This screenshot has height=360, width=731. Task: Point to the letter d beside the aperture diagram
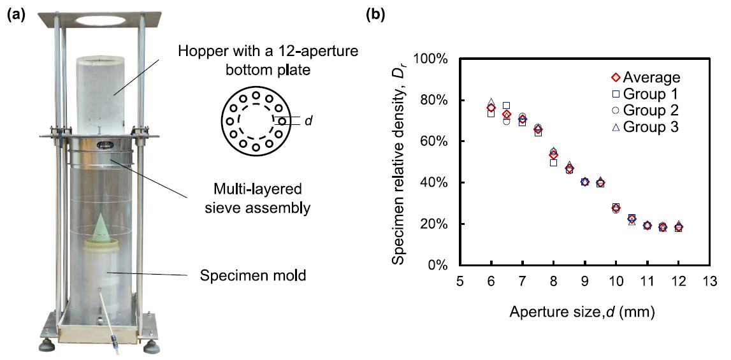(x=308, y=120)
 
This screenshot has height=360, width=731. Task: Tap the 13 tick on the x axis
(x=709, y=281)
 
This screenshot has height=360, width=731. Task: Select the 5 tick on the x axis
(x=460, y=281)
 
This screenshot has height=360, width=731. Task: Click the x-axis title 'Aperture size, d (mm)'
(x=582, y=312)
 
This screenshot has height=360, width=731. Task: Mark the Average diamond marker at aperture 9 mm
(x=585, y=182)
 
